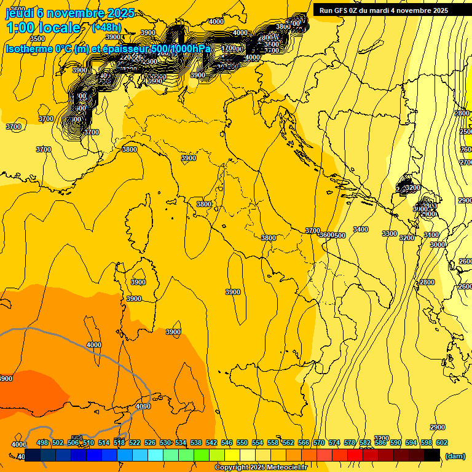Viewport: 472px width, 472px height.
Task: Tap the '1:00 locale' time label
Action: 43,28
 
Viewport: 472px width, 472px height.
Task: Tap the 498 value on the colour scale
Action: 42,442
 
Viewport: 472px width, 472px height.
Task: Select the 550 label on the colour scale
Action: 242,442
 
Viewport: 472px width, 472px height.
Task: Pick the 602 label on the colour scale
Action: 442,442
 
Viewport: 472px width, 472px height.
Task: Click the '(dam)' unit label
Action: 455,456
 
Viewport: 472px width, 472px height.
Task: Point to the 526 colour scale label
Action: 150,442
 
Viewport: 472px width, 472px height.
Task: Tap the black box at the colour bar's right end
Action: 432,455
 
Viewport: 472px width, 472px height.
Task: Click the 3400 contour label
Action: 361,229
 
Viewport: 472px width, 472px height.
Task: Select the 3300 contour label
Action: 389,234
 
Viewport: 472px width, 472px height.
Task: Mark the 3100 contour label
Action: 431,235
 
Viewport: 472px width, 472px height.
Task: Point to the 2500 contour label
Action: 466,132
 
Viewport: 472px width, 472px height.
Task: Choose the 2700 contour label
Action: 466,162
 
